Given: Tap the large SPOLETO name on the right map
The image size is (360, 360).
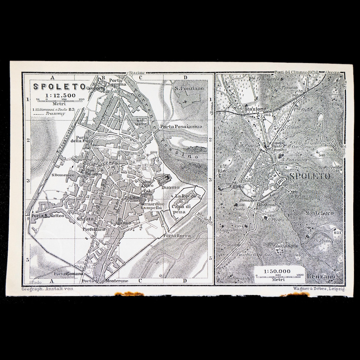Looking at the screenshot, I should tap(310, 177).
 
